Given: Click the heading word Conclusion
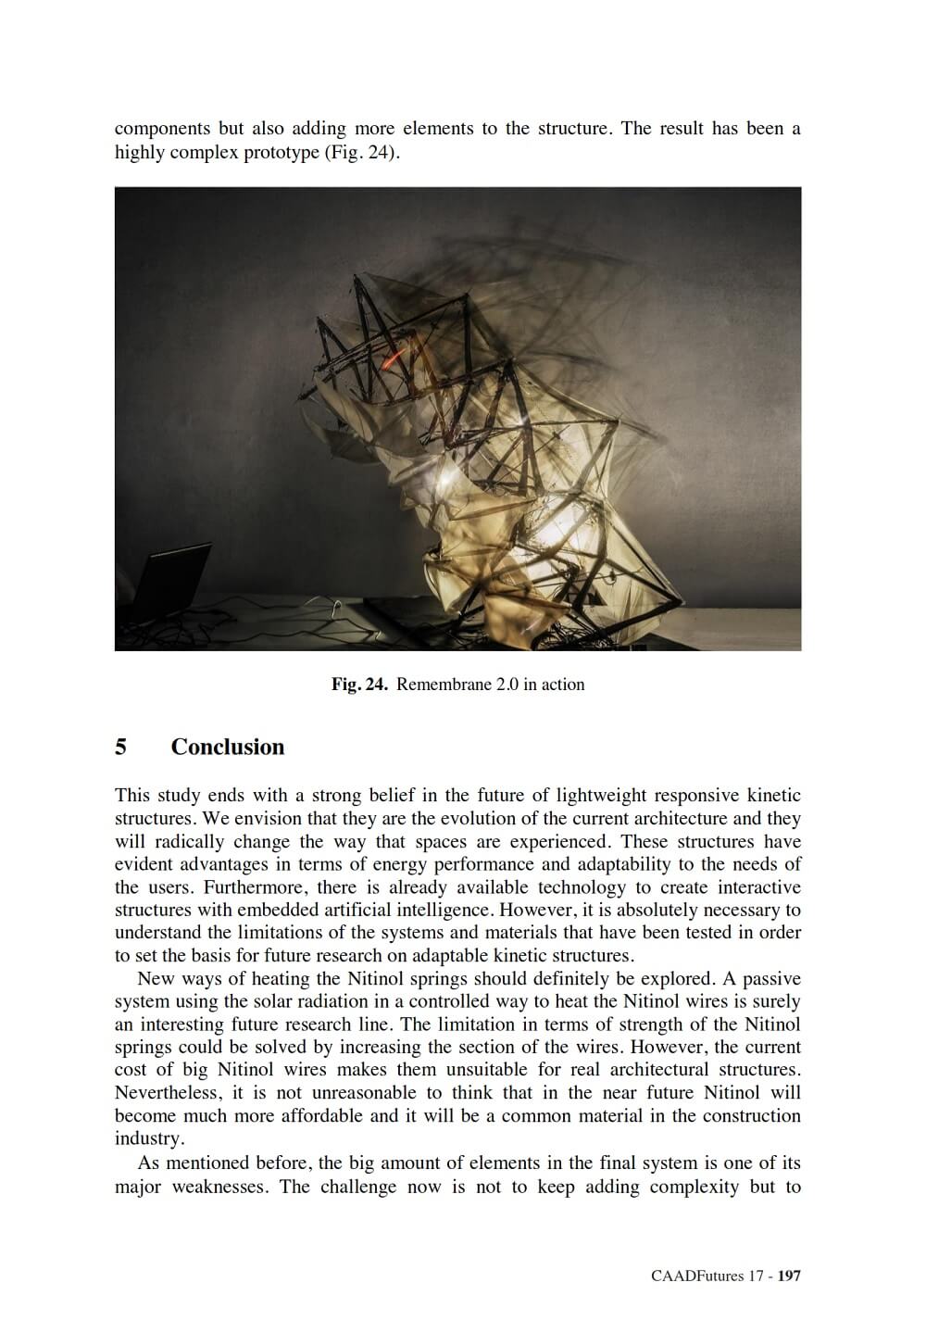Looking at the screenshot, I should (227, 748).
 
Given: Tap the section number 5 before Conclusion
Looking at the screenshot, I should (120, 748).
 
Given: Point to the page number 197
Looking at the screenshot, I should (789, 1276).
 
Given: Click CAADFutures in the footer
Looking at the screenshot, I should (697, 1276).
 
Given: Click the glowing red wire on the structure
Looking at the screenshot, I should (394, 354).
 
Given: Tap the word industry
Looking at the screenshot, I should (145, 1139).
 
